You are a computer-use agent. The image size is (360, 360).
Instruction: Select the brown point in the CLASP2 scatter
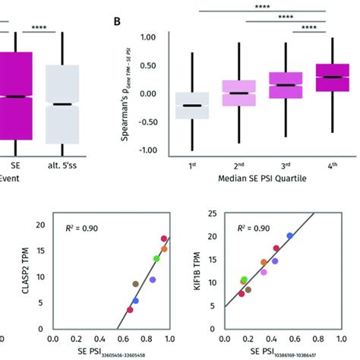[136, 284]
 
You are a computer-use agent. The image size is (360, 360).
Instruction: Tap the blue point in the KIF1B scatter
[289, 236]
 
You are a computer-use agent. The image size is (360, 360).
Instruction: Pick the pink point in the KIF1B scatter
[264, 272]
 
